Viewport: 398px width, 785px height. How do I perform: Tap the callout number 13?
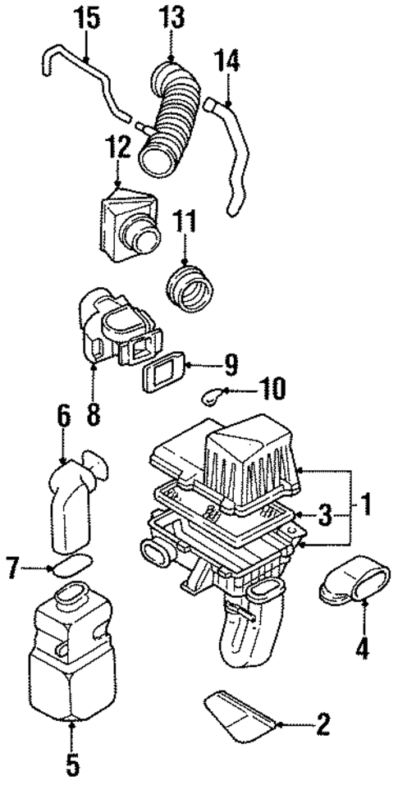pos(172,16)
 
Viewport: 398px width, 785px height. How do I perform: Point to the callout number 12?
pos(118,148)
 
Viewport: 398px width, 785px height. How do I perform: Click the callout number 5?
pos(73,764)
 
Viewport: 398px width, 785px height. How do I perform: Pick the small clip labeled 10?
pos(213,398)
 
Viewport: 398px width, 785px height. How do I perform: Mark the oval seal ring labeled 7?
pos(71,567)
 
